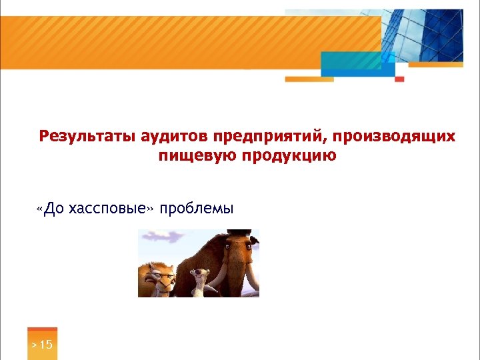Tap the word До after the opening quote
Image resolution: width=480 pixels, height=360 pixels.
coord(55,209)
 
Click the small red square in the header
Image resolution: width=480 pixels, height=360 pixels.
coord(399,79)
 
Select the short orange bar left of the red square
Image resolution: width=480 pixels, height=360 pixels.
coord(309,79)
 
